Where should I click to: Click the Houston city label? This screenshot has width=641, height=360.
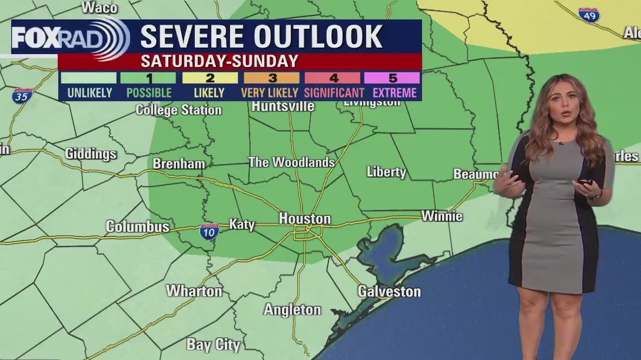pyautogui.click(x=304, y=219)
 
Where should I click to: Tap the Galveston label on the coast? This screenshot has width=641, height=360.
pyautogui.click(x=389, y=291)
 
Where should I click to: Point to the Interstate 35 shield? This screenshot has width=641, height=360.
pyautogui.click(x=21, y=96)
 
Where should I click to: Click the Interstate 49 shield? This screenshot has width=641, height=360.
pyautogui.click(x=589, y=15)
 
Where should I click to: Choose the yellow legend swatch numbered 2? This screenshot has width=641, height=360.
pyautogui.click(x=210, y=78)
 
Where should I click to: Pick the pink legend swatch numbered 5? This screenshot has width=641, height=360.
pyautogui.click(x=391, y=78)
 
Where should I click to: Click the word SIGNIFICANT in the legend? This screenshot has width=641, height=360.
pyautogui.click(x=334, y=92)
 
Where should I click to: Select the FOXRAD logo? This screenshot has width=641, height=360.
pyautogui.click(x=69, y=39)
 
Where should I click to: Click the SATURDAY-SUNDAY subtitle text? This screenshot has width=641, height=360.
pyautogui.click(x=219, y=61)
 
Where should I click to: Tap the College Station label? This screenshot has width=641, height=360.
pyautogui.click(x=178, y=110)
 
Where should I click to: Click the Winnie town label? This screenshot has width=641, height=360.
pyautogui.click(x=442, y=216)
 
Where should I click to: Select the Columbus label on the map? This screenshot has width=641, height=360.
pyautogui.click(x=137, y=226)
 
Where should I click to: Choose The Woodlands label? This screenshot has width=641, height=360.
pyautogui.click(x=291, y=162)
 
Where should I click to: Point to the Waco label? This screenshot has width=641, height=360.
pyautogui.click(x=99, y=7)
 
